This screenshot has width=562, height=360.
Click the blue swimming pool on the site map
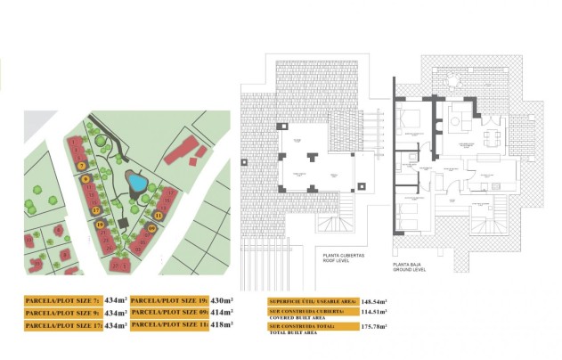(x=136, y=183)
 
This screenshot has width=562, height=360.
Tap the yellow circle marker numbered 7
(x=81, y=166)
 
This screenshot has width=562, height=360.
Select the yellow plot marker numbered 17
(x=96, y=209)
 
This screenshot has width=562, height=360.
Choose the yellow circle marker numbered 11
(x=159, y=215)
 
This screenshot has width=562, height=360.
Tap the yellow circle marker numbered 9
(x=86, y=178)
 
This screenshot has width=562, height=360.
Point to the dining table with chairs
(x=491, y=137)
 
